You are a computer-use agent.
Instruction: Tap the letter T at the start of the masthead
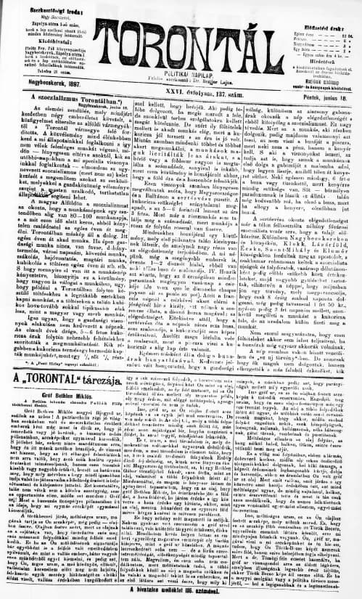[x=102, y=32]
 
